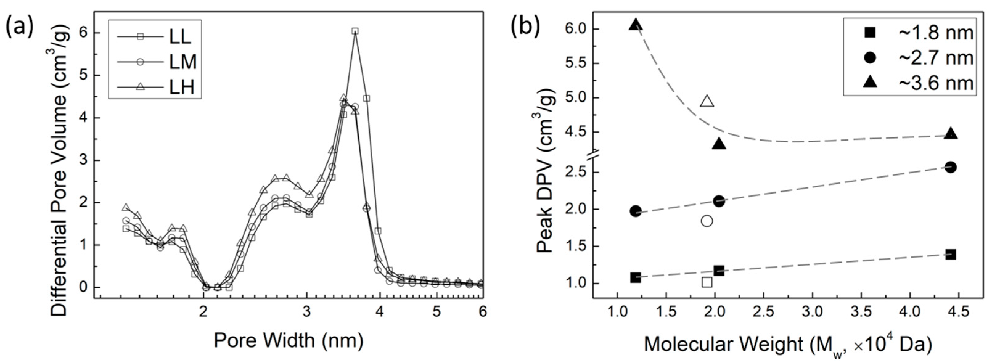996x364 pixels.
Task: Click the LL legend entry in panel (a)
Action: (x=155, y=37)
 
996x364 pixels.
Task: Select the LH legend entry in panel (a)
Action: (x=155, y=87)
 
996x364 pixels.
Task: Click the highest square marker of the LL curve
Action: (x=355, y=31)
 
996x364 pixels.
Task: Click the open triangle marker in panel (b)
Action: (x=707, y=101)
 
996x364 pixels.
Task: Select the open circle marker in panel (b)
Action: (x=707, y=221)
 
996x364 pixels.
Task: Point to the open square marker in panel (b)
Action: (x=707, y=282)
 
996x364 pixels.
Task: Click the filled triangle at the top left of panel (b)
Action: (x=636, y=25)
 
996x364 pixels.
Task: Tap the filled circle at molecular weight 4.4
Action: (x=951, y=167)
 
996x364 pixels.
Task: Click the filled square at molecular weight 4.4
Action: (x=951, y=254)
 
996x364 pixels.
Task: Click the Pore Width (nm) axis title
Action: (x=289, y=341)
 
